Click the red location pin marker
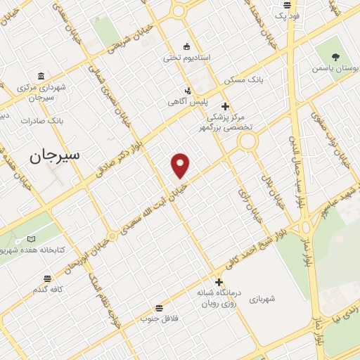[x=181, y=165]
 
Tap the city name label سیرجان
[x=54, y=155]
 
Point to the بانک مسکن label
[x=250, y=80]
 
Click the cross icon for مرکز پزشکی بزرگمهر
[x=225, y=105]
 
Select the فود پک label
[x=288, y=15]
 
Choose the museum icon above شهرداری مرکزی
[x=41, y=76]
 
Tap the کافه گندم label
[x=47, y=289]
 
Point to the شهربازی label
[x=262, y=298]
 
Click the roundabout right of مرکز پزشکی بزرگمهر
[x=247, y=142]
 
